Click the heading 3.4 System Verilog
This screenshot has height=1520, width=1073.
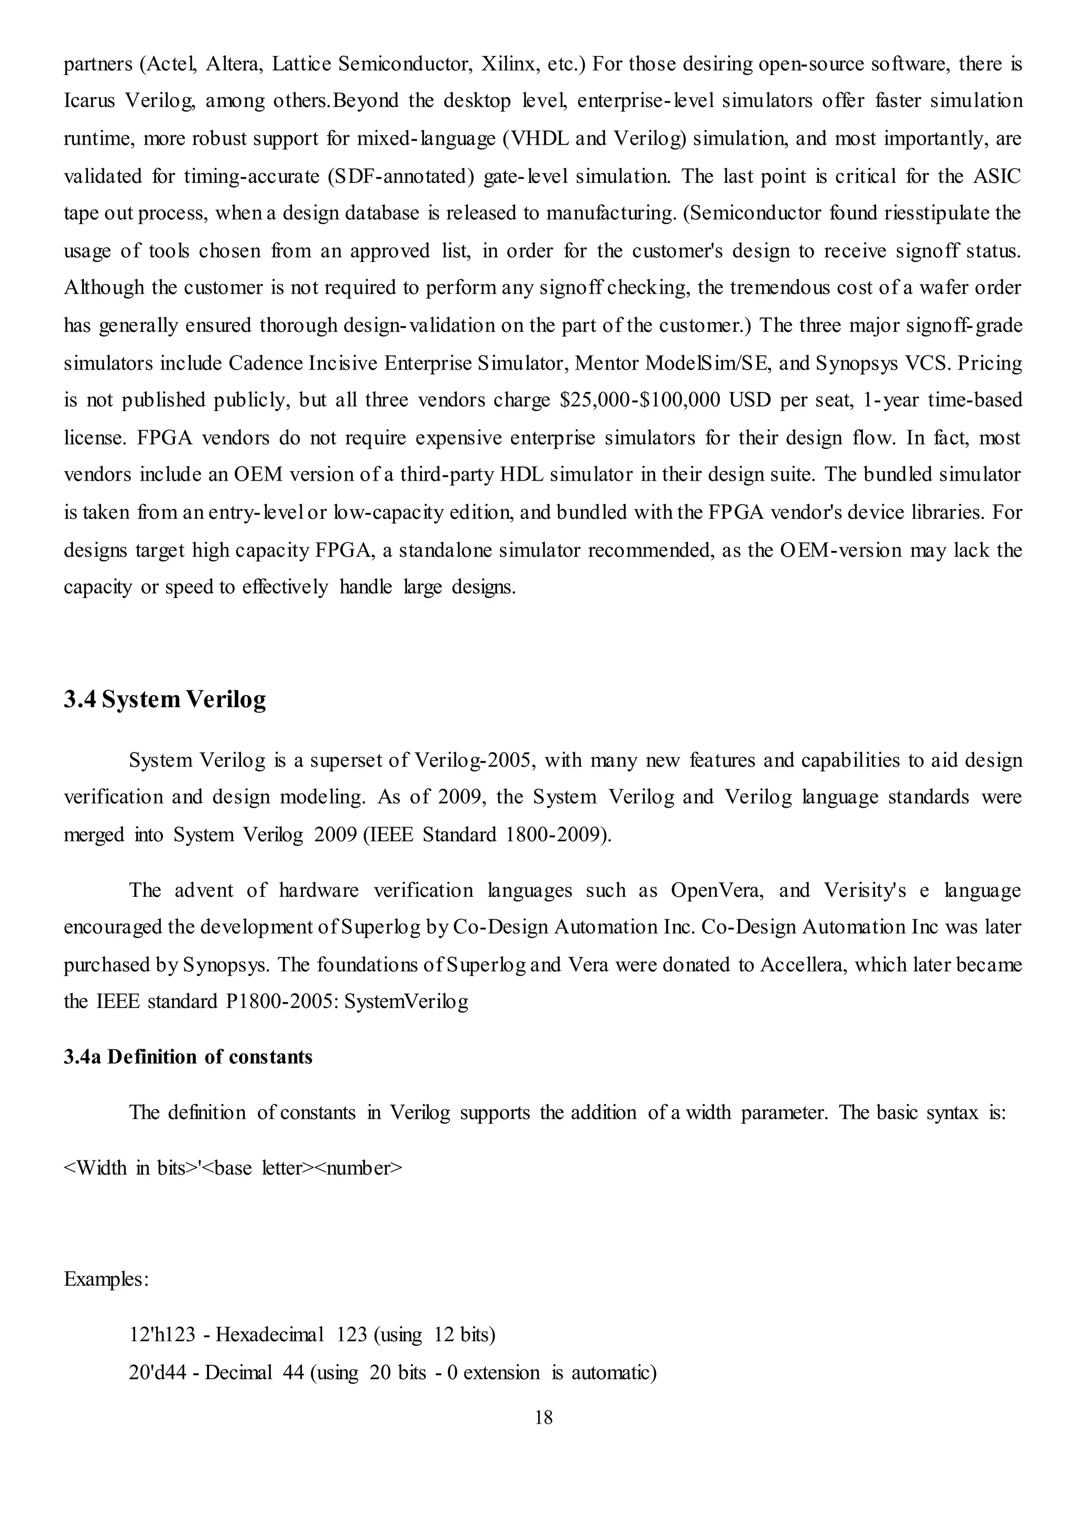pyautogui.click(x=165, y=699)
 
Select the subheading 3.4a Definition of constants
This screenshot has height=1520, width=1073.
pyautogui.click(x=188, y=1057)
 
